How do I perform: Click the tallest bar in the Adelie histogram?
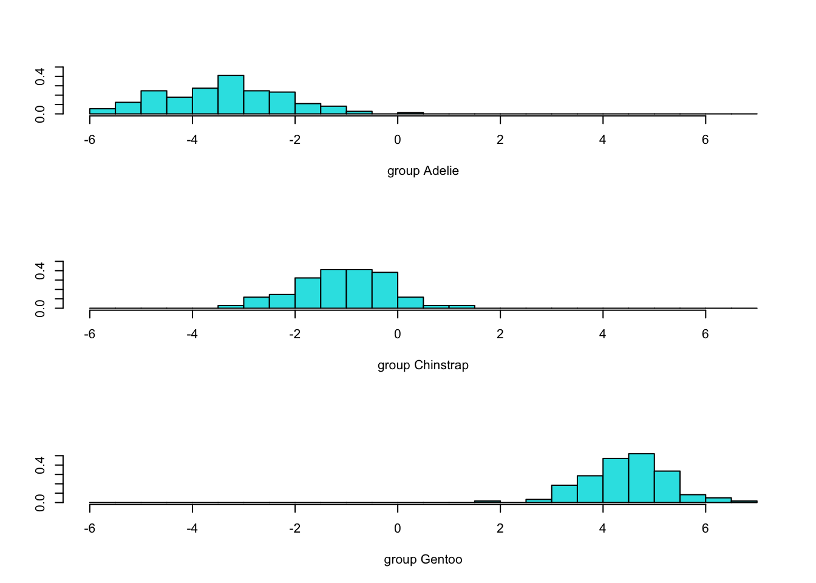[231, 95]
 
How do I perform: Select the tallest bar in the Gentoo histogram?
[641, 478]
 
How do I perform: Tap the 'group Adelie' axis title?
[423, 171]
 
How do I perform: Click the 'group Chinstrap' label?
[423, 365]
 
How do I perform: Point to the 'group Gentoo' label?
[423, 559]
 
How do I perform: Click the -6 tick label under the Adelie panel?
[90, 140]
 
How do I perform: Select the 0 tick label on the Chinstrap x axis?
[397, 334]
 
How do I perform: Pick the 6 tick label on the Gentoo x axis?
[705, 528]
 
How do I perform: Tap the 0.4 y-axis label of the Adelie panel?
[40, 77]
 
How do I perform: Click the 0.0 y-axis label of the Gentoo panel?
[40, 503]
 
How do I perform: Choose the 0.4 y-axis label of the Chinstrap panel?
[40, 271]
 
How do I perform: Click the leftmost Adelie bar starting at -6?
[103, 111]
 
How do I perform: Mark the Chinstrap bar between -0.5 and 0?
[384, 290]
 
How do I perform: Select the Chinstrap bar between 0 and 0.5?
[410, 302]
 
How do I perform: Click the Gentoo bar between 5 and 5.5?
[667, 486]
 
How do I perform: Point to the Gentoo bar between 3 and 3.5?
[564, 494]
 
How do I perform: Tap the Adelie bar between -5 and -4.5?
[154, 102]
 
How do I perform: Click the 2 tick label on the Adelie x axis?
[500, 140]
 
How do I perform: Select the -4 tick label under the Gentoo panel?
[192, 528]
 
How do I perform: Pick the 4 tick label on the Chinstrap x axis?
[602, 334]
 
